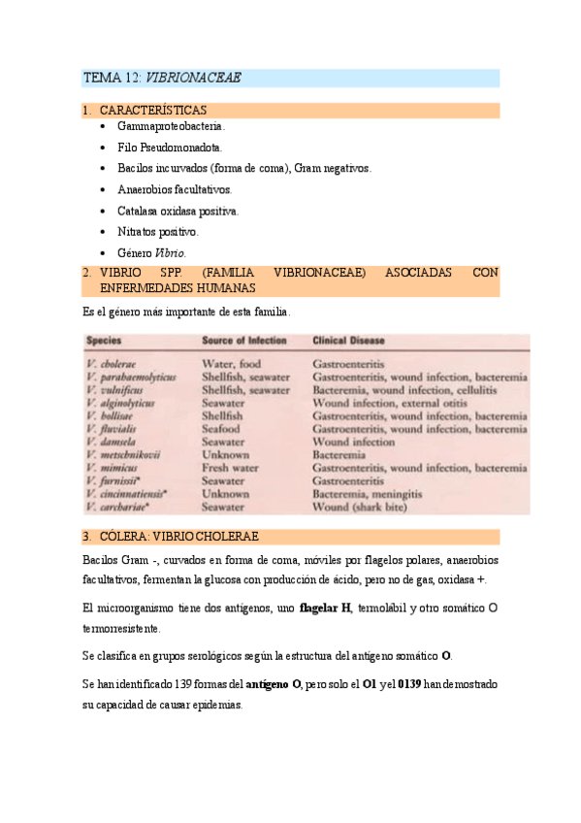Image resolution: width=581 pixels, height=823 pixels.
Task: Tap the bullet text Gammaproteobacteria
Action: pyautogui.click(x=171, y=126)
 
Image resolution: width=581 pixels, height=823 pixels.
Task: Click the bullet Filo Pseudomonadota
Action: pyautogui.click(x=170, y=148)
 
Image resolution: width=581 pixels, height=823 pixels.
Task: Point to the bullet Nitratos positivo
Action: pyautogui.click(x=158, y=232)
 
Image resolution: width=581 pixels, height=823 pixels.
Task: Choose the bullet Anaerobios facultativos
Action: pyautogui.click(x=175, y=190)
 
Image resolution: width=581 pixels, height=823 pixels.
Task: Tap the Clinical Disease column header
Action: pyautogui.click(x=348, y=342)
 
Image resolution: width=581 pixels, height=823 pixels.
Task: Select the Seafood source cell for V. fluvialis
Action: pyautogui.click(x=224, y=428)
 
